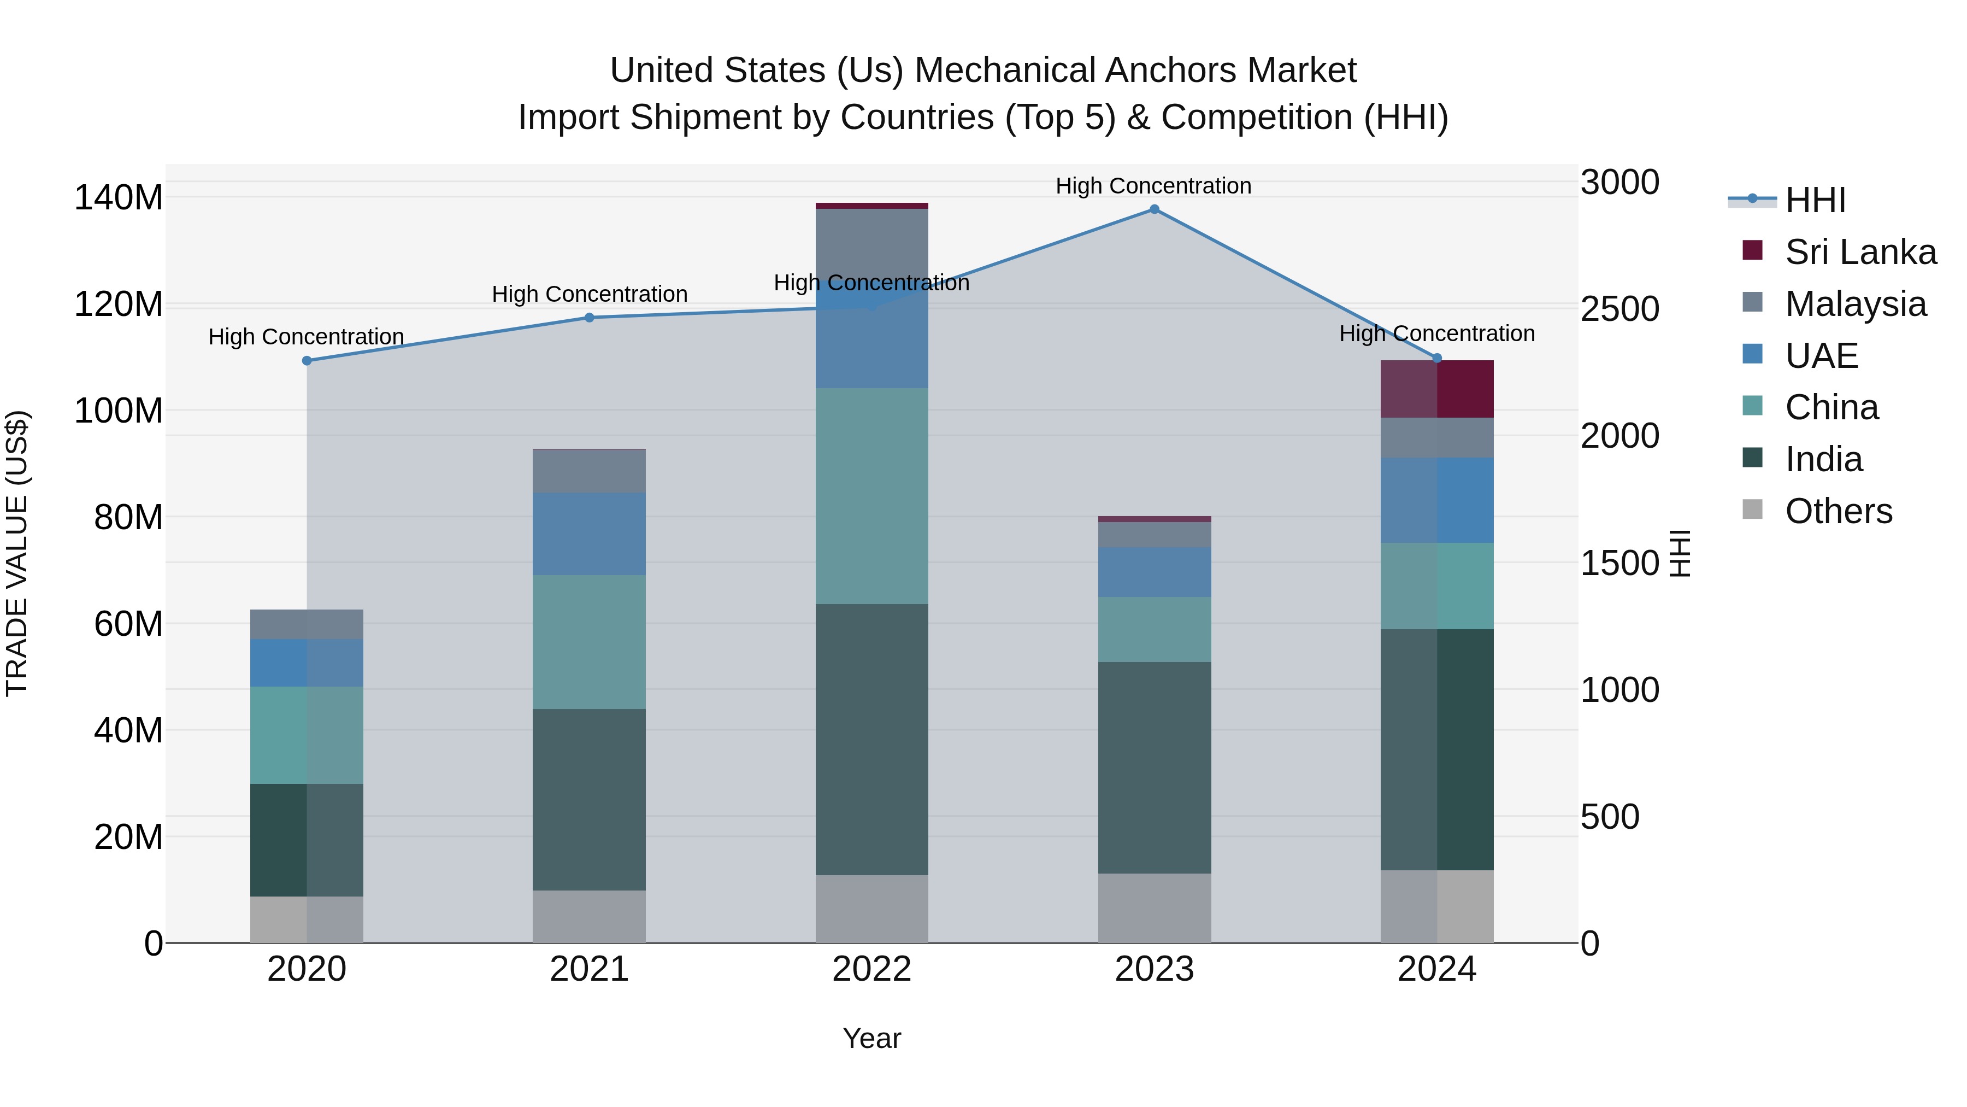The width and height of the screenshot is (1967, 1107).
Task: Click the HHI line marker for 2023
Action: coord(1154,209)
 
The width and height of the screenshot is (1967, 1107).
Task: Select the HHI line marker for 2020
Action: coord(307,361)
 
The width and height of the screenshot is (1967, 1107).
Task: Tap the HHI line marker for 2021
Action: coord(588,318)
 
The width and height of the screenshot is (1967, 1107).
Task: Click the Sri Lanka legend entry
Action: coord(1860,252)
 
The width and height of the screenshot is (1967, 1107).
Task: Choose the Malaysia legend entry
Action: coord(1855,304)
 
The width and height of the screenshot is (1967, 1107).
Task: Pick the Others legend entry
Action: coord(1838,511)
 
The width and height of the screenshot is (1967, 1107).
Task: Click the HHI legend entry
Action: coord(1815,200)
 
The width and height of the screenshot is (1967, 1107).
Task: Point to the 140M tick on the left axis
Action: coord(119,198)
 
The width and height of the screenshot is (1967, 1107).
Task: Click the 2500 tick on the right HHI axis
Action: coord(1619,309)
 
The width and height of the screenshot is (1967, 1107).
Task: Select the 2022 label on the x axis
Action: coord(871,969)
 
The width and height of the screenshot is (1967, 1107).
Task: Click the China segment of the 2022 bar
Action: coord(871,496)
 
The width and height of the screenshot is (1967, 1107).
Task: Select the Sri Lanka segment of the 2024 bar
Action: coord(1436,389)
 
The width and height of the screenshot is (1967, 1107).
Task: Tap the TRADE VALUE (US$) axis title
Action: coord(17,553)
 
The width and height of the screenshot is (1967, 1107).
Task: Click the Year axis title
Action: coord(871,1038)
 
